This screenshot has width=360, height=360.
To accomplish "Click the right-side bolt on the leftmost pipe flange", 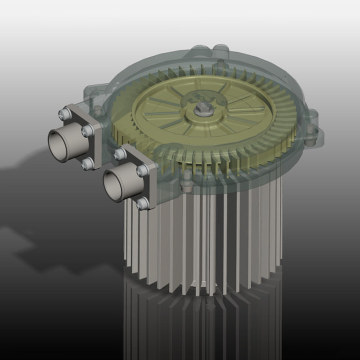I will click(88, 131).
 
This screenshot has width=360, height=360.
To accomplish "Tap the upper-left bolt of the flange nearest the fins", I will click(120, 154).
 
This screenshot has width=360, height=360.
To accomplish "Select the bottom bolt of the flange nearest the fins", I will click(143, 204).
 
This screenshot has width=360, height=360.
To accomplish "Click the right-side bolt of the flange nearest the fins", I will click(143, 170).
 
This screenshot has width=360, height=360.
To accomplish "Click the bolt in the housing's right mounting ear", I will click(311, 141).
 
